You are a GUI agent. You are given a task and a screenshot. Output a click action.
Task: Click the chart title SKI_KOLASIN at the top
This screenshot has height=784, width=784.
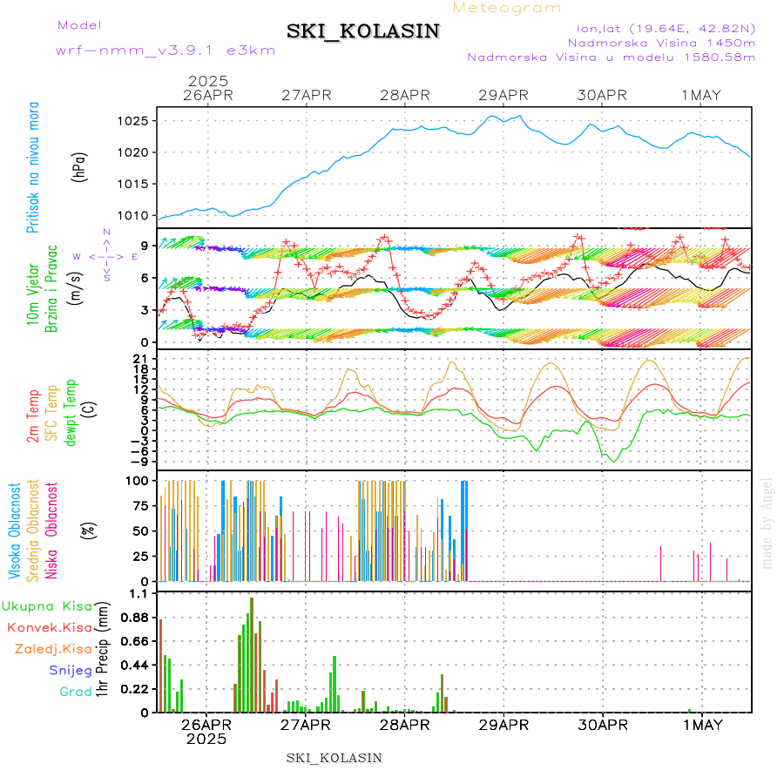[x=364, y=31]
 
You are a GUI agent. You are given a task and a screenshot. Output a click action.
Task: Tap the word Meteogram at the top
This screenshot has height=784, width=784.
[x=508, y=8]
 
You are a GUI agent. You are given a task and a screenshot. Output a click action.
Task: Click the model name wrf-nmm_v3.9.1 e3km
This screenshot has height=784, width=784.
[x=166, y=51]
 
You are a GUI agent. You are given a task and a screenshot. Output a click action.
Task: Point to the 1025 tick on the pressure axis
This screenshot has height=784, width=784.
[x=139, y=120]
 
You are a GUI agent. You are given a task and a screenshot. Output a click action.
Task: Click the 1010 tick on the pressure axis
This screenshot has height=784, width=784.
[x=139, y=216]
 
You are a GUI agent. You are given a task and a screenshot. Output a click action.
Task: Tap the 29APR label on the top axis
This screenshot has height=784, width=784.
[x=504, y=95]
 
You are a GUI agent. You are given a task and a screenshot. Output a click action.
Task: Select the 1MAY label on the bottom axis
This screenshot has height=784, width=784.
[x=701, y=724]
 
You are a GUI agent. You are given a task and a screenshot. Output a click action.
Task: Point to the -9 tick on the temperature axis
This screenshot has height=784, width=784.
[x=140, y=461]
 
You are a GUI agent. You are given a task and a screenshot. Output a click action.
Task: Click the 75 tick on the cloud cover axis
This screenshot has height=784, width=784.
[x=141, y=505]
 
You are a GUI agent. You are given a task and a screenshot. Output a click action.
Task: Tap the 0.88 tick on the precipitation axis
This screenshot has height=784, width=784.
[x=135, y=618]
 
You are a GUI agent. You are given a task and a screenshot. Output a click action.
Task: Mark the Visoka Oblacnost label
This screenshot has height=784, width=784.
[x=15, y=531]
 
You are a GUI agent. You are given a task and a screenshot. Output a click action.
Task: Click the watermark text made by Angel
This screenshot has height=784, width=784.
[x=767, y=523]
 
